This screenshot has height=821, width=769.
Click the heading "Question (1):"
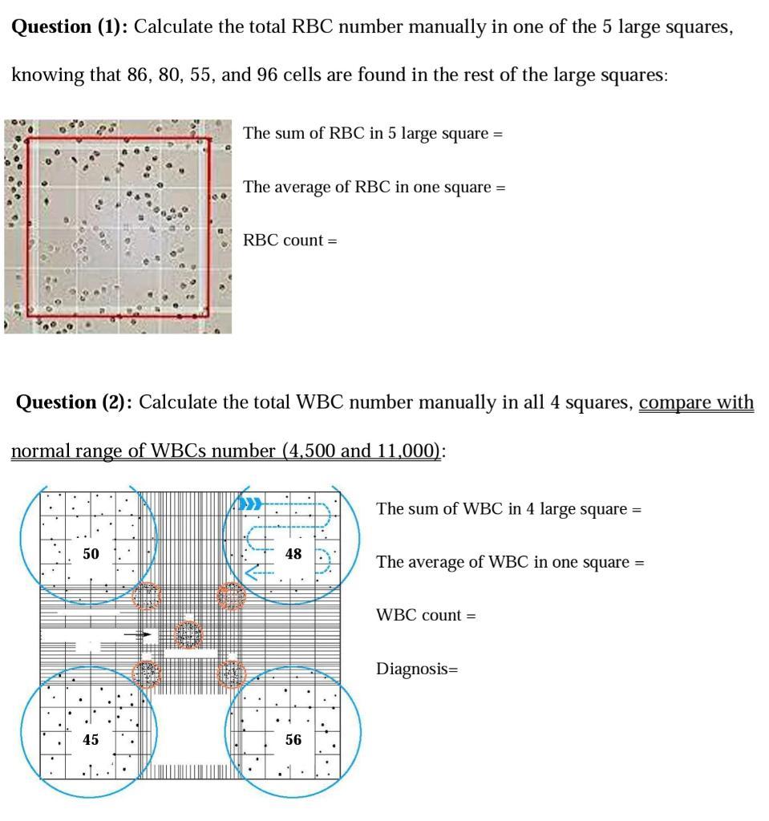(x=71, y=26)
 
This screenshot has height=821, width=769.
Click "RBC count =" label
(x=290, y=240)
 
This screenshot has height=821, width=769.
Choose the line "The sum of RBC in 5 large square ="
(x=373, y=133)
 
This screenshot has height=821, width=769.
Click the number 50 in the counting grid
(x=91, y=554)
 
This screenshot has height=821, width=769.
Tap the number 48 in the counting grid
(x=293, y=554)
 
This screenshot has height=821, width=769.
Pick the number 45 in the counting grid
(x=91, y=739)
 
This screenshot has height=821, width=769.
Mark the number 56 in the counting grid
(x=293, y=739)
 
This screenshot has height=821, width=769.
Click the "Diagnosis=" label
(x=416, y=669)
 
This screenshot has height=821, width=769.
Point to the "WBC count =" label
(x=426, y=615)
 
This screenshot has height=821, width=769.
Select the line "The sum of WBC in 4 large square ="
(x=509, y=509)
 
